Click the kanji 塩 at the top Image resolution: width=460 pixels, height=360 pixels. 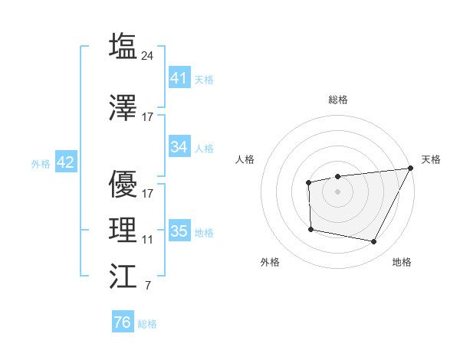[x=123, y=46]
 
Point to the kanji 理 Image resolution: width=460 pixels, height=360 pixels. [x=123, y=230]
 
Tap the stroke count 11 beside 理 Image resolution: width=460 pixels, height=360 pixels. [x=148, y=239]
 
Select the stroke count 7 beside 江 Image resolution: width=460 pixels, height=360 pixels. [x=147, y=286]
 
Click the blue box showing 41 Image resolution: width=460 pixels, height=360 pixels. [x=179, y=77]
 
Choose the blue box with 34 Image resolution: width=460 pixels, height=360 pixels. [x=179, y=147]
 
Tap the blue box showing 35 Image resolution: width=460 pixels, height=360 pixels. [x=179, y=231]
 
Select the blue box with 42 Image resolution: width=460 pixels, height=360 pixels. [x=65, y=162]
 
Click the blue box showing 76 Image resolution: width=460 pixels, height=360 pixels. [x=122, y=322]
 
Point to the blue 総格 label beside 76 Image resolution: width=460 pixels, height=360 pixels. [x=147, y=324]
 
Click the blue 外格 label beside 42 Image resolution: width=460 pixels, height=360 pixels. [x=40, y=163]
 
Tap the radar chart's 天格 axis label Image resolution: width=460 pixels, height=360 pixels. [x=431, y=159]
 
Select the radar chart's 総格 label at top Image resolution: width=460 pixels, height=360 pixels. [x=337, y=100]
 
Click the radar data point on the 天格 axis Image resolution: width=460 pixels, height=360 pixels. [x=410, y=169]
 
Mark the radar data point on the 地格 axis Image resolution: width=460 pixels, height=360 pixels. [x=374, y=242]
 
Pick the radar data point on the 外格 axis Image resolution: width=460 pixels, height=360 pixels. [x=310, y=229]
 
